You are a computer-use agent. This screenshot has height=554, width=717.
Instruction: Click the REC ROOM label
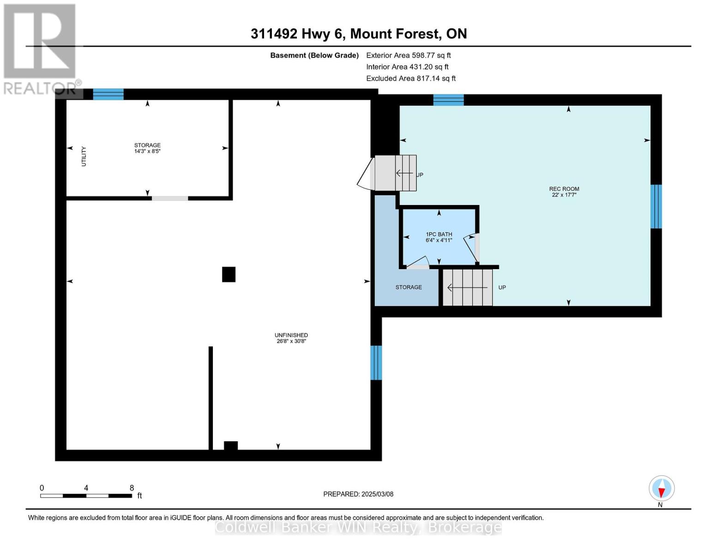[564, 189]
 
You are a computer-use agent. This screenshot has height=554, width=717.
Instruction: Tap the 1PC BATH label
[439, 234]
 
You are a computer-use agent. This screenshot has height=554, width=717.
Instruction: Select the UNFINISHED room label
[291, 335]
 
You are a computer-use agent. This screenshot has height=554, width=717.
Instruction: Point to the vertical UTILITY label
[84, 157]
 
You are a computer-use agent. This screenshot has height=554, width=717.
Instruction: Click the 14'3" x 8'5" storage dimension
[147, 151]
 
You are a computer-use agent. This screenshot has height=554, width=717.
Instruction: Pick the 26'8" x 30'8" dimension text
[291, 341]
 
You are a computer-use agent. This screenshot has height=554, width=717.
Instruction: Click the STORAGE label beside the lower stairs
[409, 288]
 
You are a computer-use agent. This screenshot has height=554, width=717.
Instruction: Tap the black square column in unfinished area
[229, 275]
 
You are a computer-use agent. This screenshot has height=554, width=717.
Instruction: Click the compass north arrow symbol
[662, 488]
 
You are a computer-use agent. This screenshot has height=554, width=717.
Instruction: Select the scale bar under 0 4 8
[86, 496]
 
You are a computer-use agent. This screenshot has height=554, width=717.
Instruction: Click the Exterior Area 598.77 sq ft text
[409, 55]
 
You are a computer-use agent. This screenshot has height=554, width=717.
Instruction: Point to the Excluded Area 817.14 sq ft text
[411, 78]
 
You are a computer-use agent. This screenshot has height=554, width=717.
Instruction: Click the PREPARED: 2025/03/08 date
[358, 494]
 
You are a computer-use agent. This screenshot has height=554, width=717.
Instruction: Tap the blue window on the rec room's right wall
[656, 206]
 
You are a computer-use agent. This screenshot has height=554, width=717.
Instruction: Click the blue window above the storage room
[108, 94]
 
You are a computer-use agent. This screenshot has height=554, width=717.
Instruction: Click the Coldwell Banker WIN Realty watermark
[358, 528]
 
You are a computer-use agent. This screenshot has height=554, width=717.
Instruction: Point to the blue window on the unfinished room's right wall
[376, 363]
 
